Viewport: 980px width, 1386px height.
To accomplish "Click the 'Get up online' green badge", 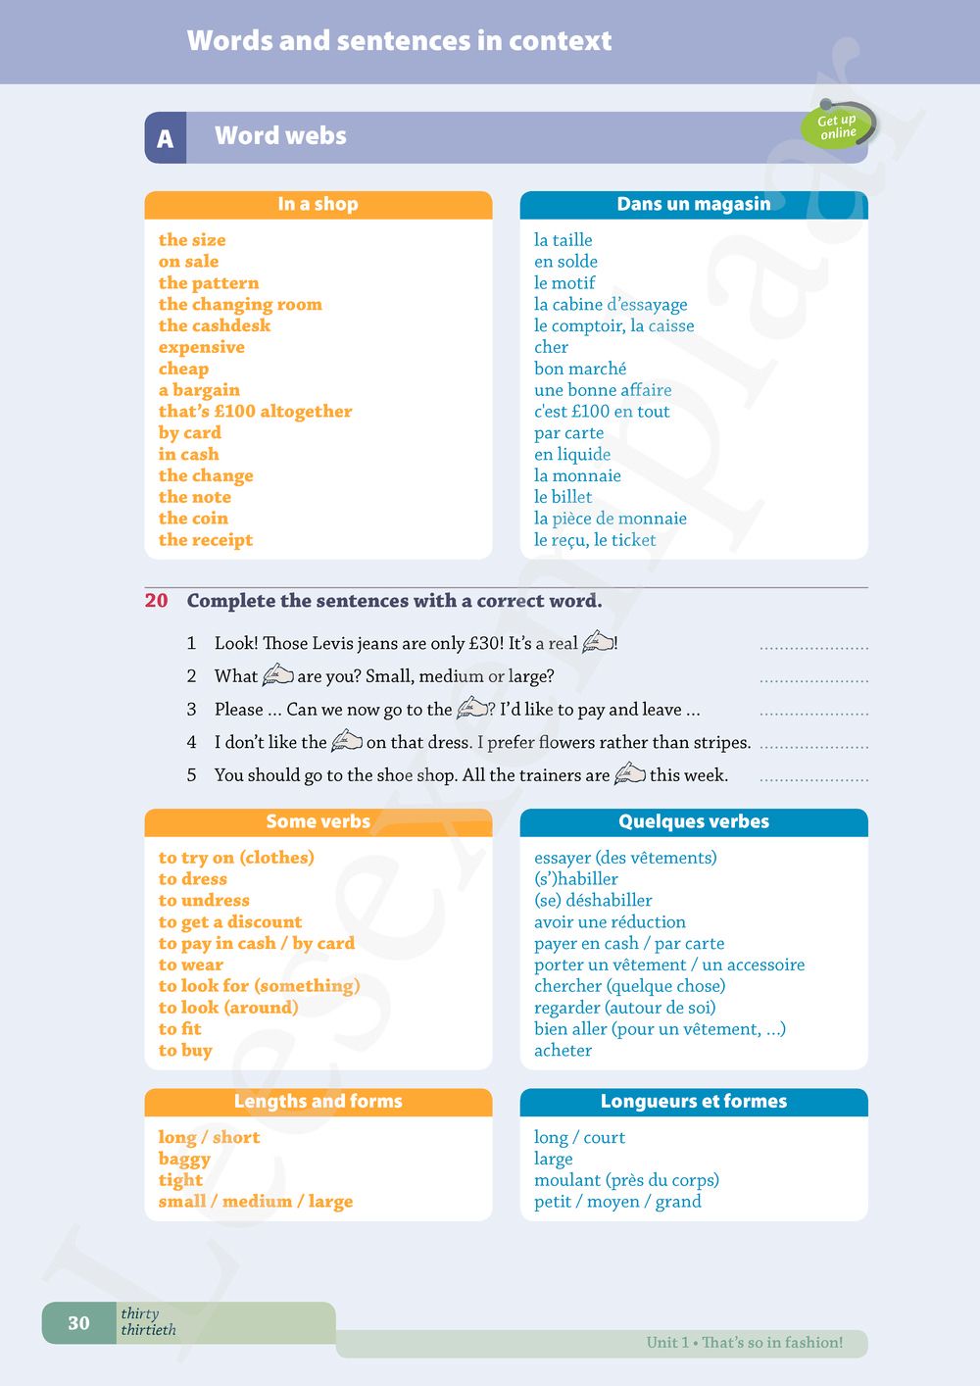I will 838,126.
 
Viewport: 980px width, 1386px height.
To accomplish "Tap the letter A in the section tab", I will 165,138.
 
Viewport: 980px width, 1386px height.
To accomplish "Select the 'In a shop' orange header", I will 318,204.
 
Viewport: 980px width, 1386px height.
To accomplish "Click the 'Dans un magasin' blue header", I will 693,204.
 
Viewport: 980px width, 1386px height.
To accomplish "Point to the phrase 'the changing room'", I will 240,304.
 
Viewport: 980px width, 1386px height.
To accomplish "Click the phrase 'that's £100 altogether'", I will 255,412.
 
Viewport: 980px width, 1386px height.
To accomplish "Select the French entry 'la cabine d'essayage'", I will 611,304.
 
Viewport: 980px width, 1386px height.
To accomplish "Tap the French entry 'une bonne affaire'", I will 603,390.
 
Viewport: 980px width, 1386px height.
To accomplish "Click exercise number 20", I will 157,601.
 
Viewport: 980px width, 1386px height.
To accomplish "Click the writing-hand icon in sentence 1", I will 598,643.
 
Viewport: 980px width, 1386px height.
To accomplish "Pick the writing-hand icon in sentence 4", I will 347,741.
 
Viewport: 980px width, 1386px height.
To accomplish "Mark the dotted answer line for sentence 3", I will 813,714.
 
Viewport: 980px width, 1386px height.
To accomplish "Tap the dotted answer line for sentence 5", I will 813,779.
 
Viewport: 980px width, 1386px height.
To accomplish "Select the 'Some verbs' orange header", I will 318,821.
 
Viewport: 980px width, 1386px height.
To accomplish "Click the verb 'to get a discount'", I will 230,922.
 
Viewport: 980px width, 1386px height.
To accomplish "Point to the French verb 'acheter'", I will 563,1051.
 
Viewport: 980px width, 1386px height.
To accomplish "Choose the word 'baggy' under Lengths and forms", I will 184,1159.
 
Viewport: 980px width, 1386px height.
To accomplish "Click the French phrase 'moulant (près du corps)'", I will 626,1180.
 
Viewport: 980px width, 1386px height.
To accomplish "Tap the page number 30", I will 78,1323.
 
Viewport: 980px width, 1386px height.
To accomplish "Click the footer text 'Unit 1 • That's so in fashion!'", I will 744,1343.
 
